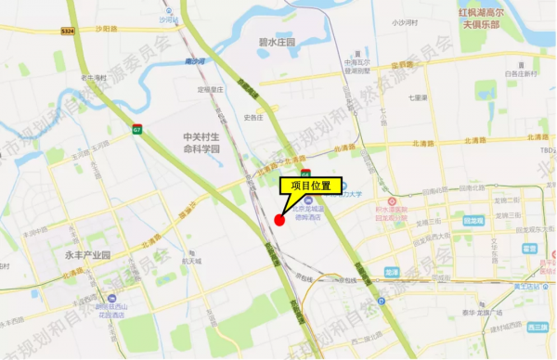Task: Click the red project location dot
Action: point(279,219)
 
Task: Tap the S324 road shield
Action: point(68,30)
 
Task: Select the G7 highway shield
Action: point(136,127)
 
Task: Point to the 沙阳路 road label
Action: point(106,29)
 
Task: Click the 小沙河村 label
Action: point(405,21)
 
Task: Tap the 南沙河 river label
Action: point(195,60)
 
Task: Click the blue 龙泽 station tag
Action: point(391,272)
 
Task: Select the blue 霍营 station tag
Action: point(529,248)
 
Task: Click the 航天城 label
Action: point(191,261)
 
